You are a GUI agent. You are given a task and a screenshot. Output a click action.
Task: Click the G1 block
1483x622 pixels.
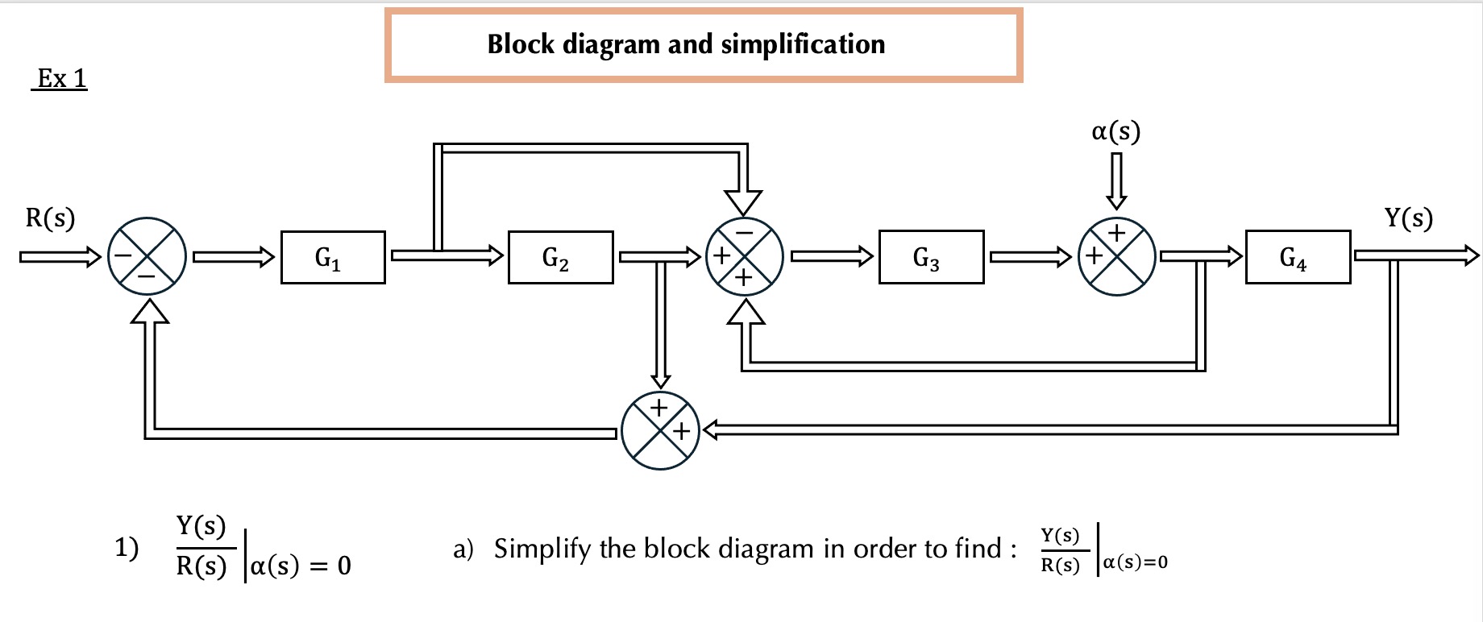[x=333, y=257]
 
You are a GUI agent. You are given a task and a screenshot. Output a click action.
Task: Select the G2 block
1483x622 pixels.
[x=560, y=257]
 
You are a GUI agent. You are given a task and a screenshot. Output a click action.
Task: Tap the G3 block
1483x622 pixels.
[x=931, y=257]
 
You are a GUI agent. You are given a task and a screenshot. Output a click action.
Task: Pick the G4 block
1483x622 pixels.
[x=1297, y=257]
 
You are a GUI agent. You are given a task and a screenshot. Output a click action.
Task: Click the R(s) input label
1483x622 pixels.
[x=50, y=218]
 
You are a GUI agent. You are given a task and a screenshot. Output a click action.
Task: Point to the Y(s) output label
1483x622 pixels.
[x=1408, y=218]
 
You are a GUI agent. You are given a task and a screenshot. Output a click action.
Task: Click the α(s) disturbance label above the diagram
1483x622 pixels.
[x=1115, y=131]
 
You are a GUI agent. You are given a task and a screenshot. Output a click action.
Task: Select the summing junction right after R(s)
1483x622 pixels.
[x=147, y=256]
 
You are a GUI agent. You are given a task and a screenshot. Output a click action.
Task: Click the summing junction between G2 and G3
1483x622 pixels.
[x=744, y=256]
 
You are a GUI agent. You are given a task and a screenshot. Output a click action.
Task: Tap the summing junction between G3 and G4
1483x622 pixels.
[x=1116, y=256]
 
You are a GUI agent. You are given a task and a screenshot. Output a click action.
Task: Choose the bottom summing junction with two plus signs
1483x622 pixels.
[x=660, y=431]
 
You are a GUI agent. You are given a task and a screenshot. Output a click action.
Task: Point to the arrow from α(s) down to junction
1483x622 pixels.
[x=1116, y=180]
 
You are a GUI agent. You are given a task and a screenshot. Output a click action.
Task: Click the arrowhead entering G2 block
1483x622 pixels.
[x=494, y=256]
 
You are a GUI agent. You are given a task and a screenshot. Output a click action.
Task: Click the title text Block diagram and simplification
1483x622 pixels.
[x=686, y=44]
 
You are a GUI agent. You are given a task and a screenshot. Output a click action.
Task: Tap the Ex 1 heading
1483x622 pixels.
[x=60, y=79]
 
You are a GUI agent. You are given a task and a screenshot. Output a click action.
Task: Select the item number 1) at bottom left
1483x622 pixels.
[x=127, y=548]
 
